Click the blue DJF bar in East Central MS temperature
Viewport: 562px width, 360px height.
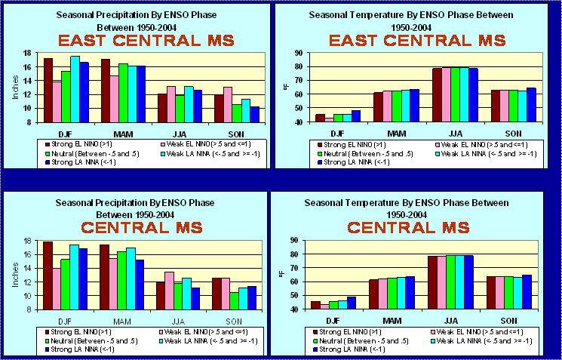point(356,116)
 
